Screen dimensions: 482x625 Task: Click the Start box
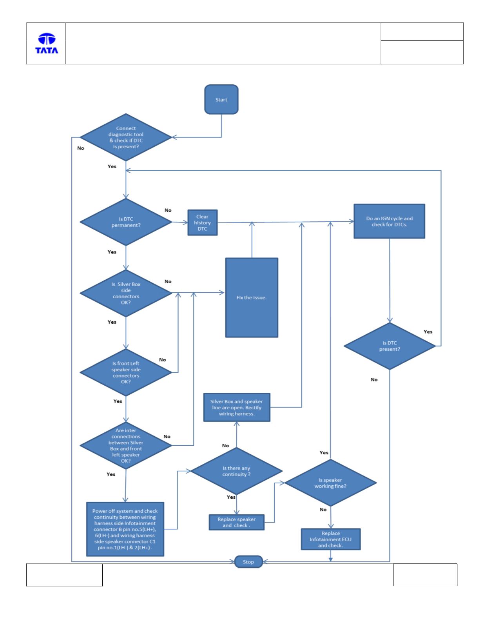point(221,99)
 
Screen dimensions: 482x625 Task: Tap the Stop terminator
point(248,562)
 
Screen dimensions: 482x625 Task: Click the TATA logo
point(47,44)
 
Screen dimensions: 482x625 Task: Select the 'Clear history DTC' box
point(203,222)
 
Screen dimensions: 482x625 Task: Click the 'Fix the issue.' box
point(252,297)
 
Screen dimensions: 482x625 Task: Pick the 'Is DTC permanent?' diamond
point(126,222)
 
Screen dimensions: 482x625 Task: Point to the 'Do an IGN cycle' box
point(389,221)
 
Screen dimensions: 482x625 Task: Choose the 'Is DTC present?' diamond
point(390,346)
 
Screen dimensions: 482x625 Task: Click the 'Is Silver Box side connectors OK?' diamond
point(126,293)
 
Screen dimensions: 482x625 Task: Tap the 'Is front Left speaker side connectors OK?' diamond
point(126,372)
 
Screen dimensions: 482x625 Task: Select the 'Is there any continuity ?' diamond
point(236,471)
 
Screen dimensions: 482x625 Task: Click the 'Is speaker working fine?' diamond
point(330,483)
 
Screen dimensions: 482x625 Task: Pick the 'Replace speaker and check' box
point(236,522)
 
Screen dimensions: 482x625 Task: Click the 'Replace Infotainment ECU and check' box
point(331,539)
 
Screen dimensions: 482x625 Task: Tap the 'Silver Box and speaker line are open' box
point(237,407)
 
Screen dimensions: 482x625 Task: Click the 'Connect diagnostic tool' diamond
point(126,137)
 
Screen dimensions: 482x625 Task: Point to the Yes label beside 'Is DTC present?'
point(428,332)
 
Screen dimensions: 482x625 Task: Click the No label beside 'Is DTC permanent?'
point(168,210)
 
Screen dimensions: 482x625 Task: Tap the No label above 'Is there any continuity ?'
point(225,446)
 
